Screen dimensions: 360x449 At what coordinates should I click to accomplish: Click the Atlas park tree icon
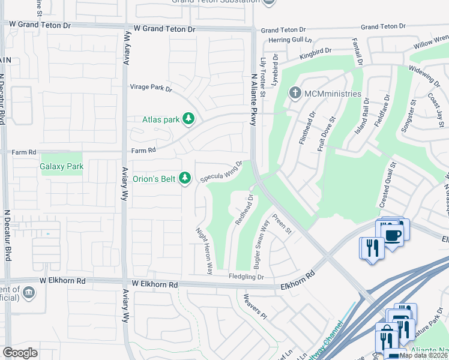(x=188, y=119)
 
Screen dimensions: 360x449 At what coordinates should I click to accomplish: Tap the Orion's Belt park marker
(x=185, y=178)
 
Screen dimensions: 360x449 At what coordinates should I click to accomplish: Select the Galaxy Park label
(x=61, y=166)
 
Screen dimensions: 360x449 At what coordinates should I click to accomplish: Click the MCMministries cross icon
(x=295, y=94)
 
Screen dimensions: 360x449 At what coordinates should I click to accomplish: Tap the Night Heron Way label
(x=205, y=251)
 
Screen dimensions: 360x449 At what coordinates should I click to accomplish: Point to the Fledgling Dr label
(x=246, y=277)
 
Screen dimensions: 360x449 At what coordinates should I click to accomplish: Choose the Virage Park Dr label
(x=151, y=88)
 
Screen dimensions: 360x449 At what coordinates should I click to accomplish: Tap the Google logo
(x=20, y=353)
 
